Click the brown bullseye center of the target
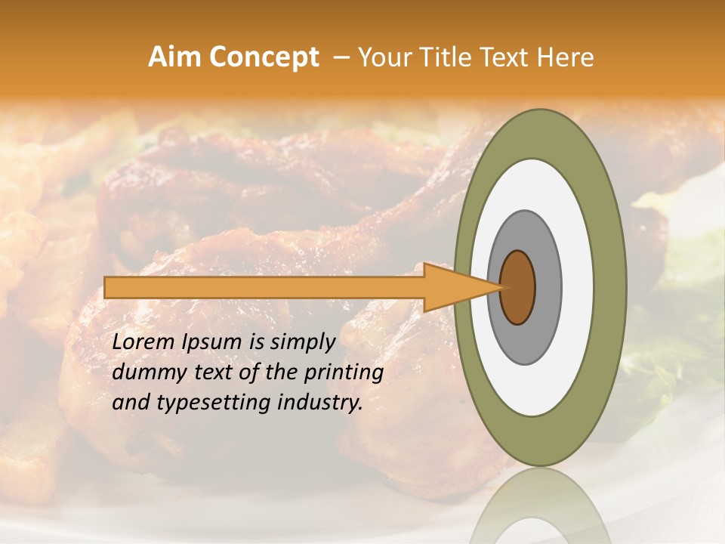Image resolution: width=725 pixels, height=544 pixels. [518, 287]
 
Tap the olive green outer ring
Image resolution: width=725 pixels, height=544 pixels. [610, 287]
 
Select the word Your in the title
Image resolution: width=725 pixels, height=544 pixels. [379, 57]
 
